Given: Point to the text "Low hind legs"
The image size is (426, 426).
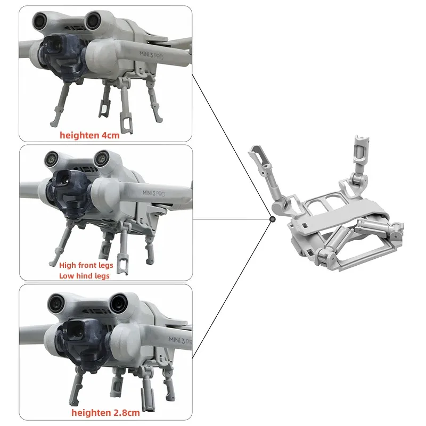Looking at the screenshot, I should [x=85, y=275].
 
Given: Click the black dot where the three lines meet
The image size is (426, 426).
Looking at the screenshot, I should [x=272, y=219].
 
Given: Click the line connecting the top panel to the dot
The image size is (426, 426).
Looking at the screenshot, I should [x=232, y=146].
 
